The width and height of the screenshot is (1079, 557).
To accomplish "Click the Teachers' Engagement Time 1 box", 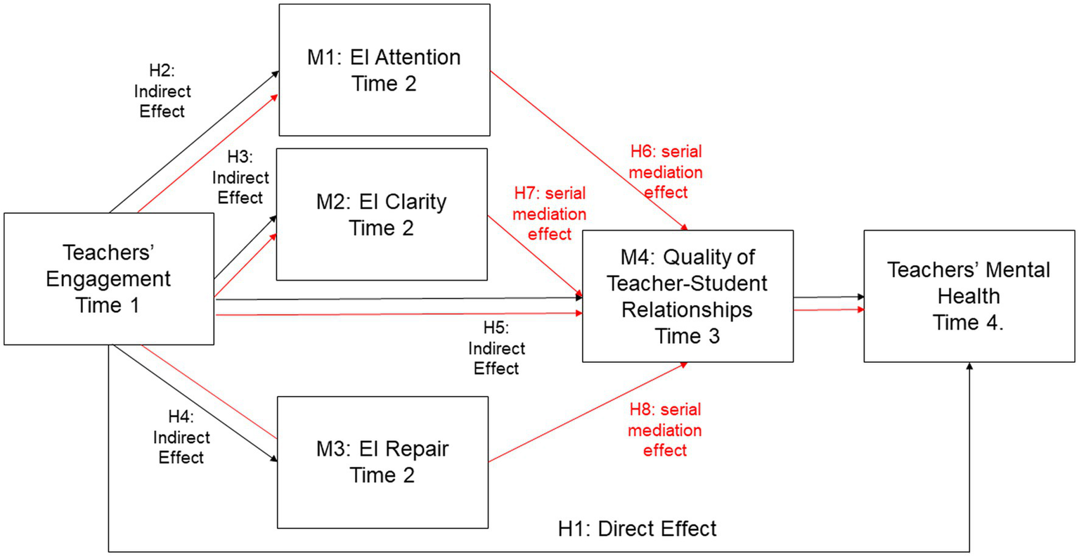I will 108,278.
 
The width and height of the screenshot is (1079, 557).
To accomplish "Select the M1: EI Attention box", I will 384,70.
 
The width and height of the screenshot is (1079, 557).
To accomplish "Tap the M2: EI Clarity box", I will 381,215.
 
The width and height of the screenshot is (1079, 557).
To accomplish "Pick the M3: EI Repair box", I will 382,462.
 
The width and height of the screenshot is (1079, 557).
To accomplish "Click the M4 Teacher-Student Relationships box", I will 687,296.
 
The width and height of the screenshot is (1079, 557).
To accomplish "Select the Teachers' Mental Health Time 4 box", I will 968,296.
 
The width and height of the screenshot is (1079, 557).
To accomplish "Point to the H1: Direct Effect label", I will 637,529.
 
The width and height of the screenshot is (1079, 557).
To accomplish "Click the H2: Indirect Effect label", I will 162,91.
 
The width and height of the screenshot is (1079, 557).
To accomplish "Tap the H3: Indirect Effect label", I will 240,178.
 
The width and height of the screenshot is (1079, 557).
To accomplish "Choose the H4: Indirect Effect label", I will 181,437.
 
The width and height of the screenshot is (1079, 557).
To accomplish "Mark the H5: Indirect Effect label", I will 496,348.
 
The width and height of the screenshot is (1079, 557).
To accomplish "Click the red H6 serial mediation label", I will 665,172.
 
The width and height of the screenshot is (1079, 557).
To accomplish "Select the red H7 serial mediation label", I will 550,214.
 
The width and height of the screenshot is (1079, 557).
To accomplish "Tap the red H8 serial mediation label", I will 664,430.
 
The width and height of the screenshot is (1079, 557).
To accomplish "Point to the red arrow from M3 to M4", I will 588,413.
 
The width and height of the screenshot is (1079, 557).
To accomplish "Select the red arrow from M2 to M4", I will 535,256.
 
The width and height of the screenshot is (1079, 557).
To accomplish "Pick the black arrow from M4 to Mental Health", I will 828,297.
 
